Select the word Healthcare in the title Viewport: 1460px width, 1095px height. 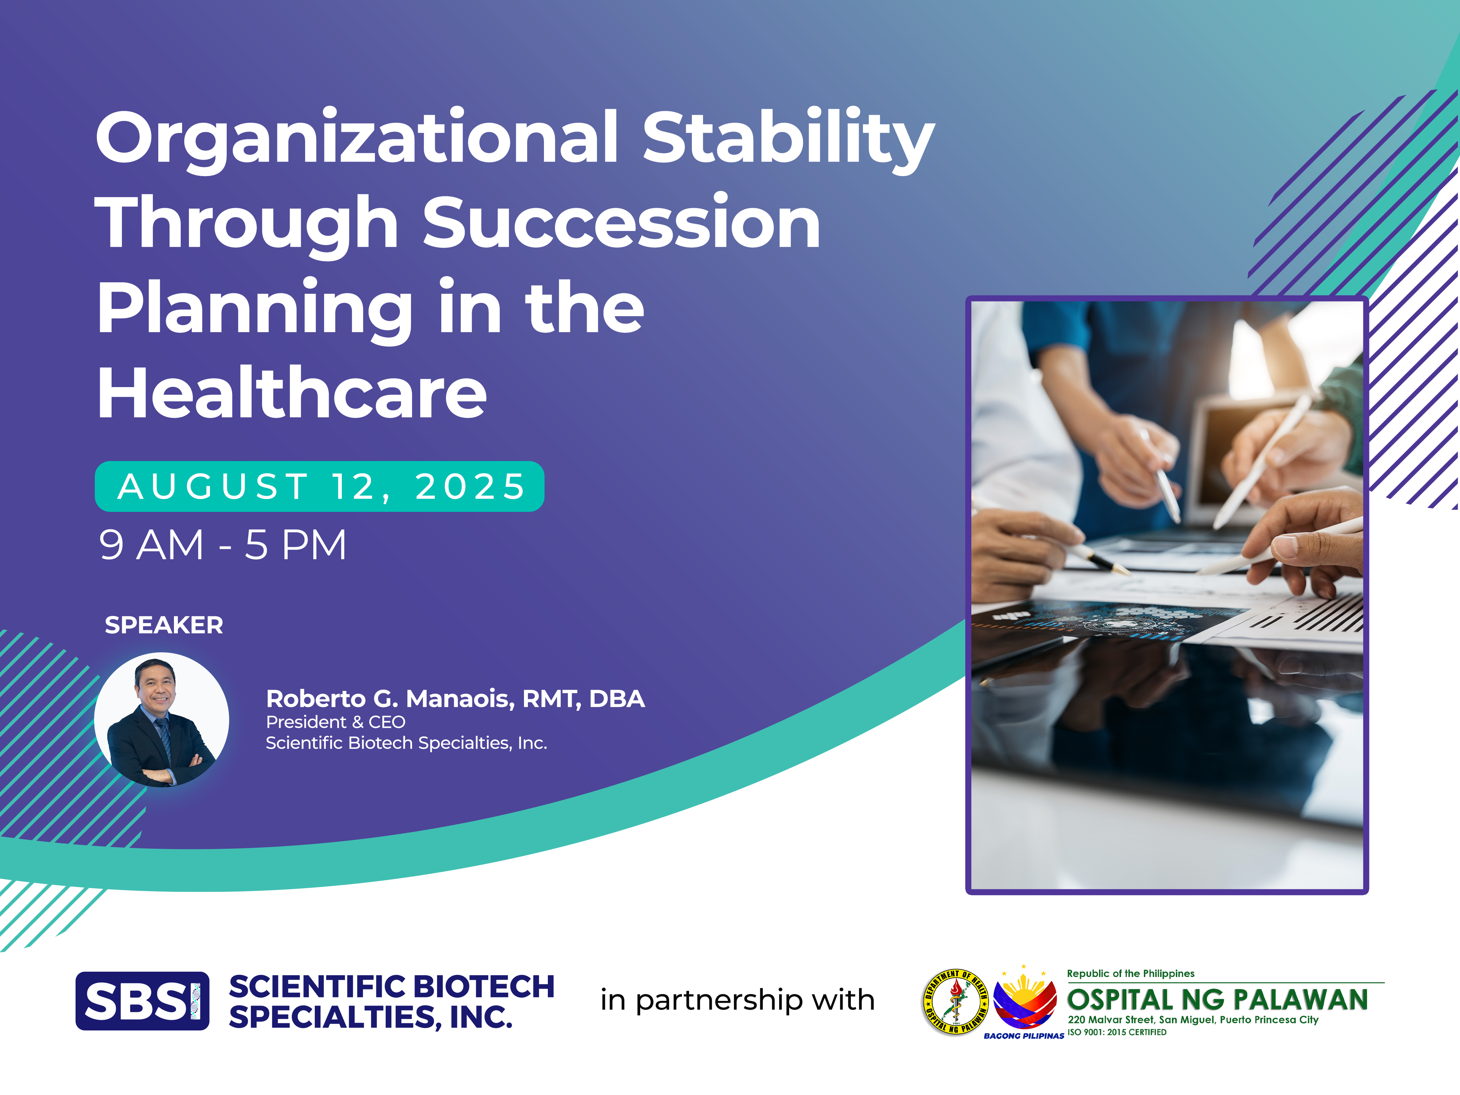(292, 394)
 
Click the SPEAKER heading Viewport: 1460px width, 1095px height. (164, 625)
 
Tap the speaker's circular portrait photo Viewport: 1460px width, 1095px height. (162, 719)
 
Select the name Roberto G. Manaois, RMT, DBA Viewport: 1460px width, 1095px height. (455, 698)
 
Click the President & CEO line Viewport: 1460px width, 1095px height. (335, 722)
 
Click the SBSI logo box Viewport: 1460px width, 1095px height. (143, 1001)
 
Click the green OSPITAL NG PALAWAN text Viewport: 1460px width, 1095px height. (1217, 1000)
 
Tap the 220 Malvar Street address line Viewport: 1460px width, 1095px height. (1193, 1020)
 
